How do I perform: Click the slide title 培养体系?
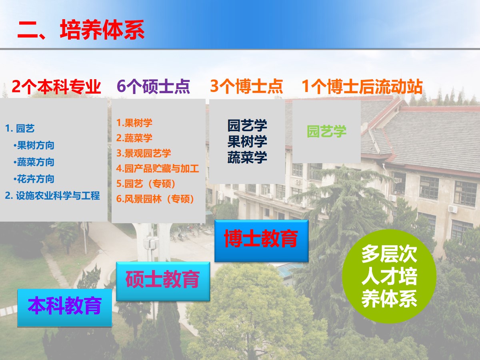pos(102,30)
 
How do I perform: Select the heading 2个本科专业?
pos(56,86)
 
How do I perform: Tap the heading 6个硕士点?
pos(153,86)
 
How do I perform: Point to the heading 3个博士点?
pos(246,86)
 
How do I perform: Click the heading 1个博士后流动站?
pos(362,86)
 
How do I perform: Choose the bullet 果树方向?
pos(34,145)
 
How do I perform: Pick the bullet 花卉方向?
pos(34,179)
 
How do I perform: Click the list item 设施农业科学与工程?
pos(52,196)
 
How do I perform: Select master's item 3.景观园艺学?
pos(144,153)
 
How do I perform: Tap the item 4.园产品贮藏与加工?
pos(158,168)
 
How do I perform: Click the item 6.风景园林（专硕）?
pos(155,199)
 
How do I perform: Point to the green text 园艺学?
pos(326,131)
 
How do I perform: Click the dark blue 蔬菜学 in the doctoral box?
pos(247,157)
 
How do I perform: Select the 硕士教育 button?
pos(163,282)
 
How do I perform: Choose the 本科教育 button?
pos(64,308)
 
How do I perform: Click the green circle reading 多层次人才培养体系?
pos(389,276)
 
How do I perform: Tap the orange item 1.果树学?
pos(134,123)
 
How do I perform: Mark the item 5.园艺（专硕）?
pos(146,184)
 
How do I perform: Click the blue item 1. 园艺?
pos(20,128)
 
